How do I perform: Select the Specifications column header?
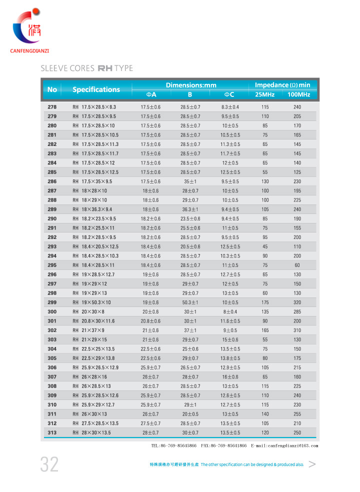pos(96,89)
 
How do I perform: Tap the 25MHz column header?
pos(264,94)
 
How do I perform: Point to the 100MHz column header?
pos(298,94)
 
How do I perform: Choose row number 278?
pos(52,107)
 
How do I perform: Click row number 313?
pos(52,432)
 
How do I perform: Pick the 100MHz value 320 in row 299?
pos(297,302)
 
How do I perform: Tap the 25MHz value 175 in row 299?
pos(265,302)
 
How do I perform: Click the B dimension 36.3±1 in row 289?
pos(190,209)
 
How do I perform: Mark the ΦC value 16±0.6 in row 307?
pos(230,377)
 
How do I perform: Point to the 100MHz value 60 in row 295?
pos(297,265)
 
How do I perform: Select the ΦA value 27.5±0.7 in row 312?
pos(150,423)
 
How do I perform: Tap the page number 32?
pos(49,464)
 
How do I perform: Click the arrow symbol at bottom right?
pos(312,464)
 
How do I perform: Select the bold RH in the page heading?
pos(105,68)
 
